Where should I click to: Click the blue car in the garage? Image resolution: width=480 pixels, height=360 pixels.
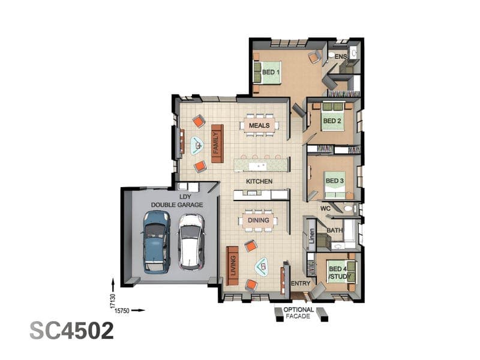(x=157, y=242)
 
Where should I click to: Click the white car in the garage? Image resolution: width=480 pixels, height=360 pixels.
(x=191, y=242)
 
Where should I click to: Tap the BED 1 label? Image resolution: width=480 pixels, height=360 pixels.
(x=271, y=73)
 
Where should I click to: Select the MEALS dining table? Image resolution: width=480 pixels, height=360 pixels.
(x=259, y=125)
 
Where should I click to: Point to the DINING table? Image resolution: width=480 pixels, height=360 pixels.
(x=259, y=220)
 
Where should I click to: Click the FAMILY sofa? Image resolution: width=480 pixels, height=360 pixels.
(x=217, y=143)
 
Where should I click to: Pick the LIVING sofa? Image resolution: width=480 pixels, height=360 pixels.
(x=232, y=265)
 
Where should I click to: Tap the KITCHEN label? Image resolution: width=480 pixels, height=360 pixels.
(x=259, y=181)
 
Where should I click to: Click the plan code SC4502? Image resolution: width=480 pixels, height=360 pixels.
(x=71, y=331)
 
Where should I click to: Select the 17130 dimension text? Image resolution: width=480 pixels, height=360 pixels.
(x=113, y=301)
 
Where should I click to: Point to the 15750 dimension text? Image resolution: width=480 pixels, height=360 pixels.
(x=122, y=310)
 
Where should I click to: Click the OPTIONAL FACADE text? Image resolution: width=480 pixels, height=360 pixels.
(x=298, y=313)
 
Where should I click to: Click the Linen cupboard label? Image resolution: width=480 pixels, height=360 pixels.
(x=311, y=236)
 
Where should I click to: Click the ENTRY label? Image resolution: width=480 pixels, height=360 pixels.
(x=301, y=283)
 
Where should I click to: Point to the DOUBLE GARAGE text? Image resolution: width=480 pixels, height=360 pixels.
(x=177, y=205)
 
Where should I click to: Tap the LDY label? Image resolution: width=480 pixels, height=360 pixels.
(x=185, y=197)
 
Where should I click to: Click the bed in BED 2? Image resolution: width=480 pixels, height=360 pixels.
(x=332, y=117)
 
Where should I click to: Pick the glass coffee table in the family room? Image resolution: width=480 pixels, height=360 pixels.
(x=197, y=145)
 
